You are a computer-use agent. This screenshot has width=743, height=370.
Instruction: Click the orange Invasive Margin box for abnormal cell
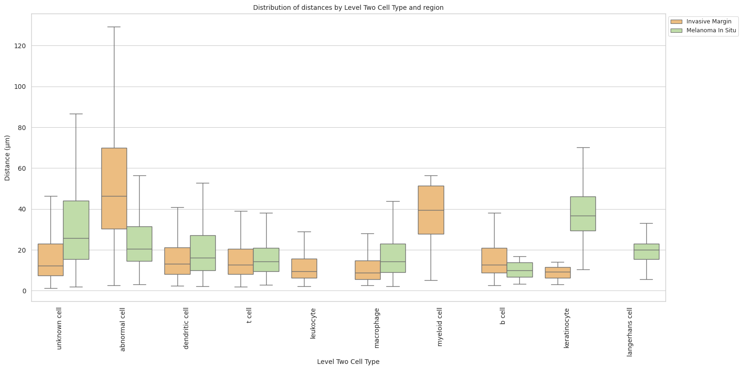[x=114, y=188]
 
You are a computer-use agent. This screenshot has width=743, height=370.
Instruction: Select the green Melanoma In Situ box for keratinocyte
[x=583, y=213]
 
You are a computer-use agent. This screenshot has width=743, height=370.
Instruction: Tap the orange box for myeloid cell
[x=431, y=210]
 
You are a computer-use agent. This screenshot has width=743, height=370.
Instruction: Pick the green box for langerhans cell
[x=646, y=251]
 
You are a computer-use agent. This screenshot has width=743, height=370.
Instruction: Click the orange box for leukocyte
[x=304, y=268]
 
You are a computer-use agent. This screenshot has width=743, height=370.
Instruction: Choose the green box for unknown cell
[x=76, y=230]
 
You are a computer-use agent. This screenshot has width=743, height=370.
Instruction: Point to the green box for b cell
[x=519, y=269]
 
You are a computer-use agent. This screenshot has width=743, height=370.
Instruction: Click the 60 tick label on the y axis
[x=22, y=168]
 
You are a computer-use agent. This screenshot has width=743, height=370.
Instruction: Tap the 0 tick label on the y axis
[x=24, y=291]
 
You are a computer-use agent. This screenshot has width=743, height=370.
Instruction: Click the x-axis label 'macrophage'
[x=377, y=328]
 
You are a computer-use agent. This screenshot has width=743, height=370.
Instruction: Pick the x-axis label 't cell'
[x=249, y=315]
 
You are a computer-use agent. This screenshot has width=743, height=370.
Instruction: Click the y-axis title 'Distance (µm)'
[x=7, y=158]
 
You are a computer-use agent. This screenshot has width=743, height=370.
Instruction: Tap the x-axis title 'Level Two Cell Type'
[x=348, y=362]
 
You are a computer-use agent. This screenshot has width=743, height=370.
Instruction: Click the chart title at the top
[x=348, y=7]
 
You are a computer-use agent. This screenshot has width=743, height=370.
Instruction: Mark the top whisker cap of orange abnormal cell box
[x=114, y=27]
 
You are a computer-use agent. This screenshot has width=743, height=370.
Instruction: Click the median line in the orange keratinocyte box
[x=558, y=272]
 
